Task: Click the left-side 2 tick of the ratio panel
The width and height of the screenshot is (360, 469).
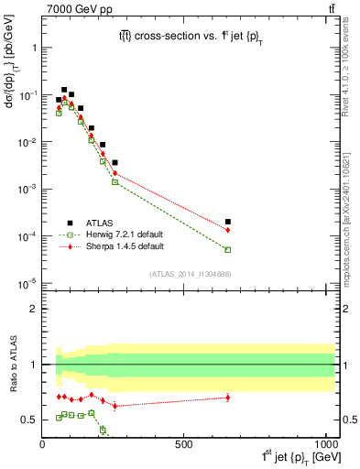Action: (34, 309)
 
